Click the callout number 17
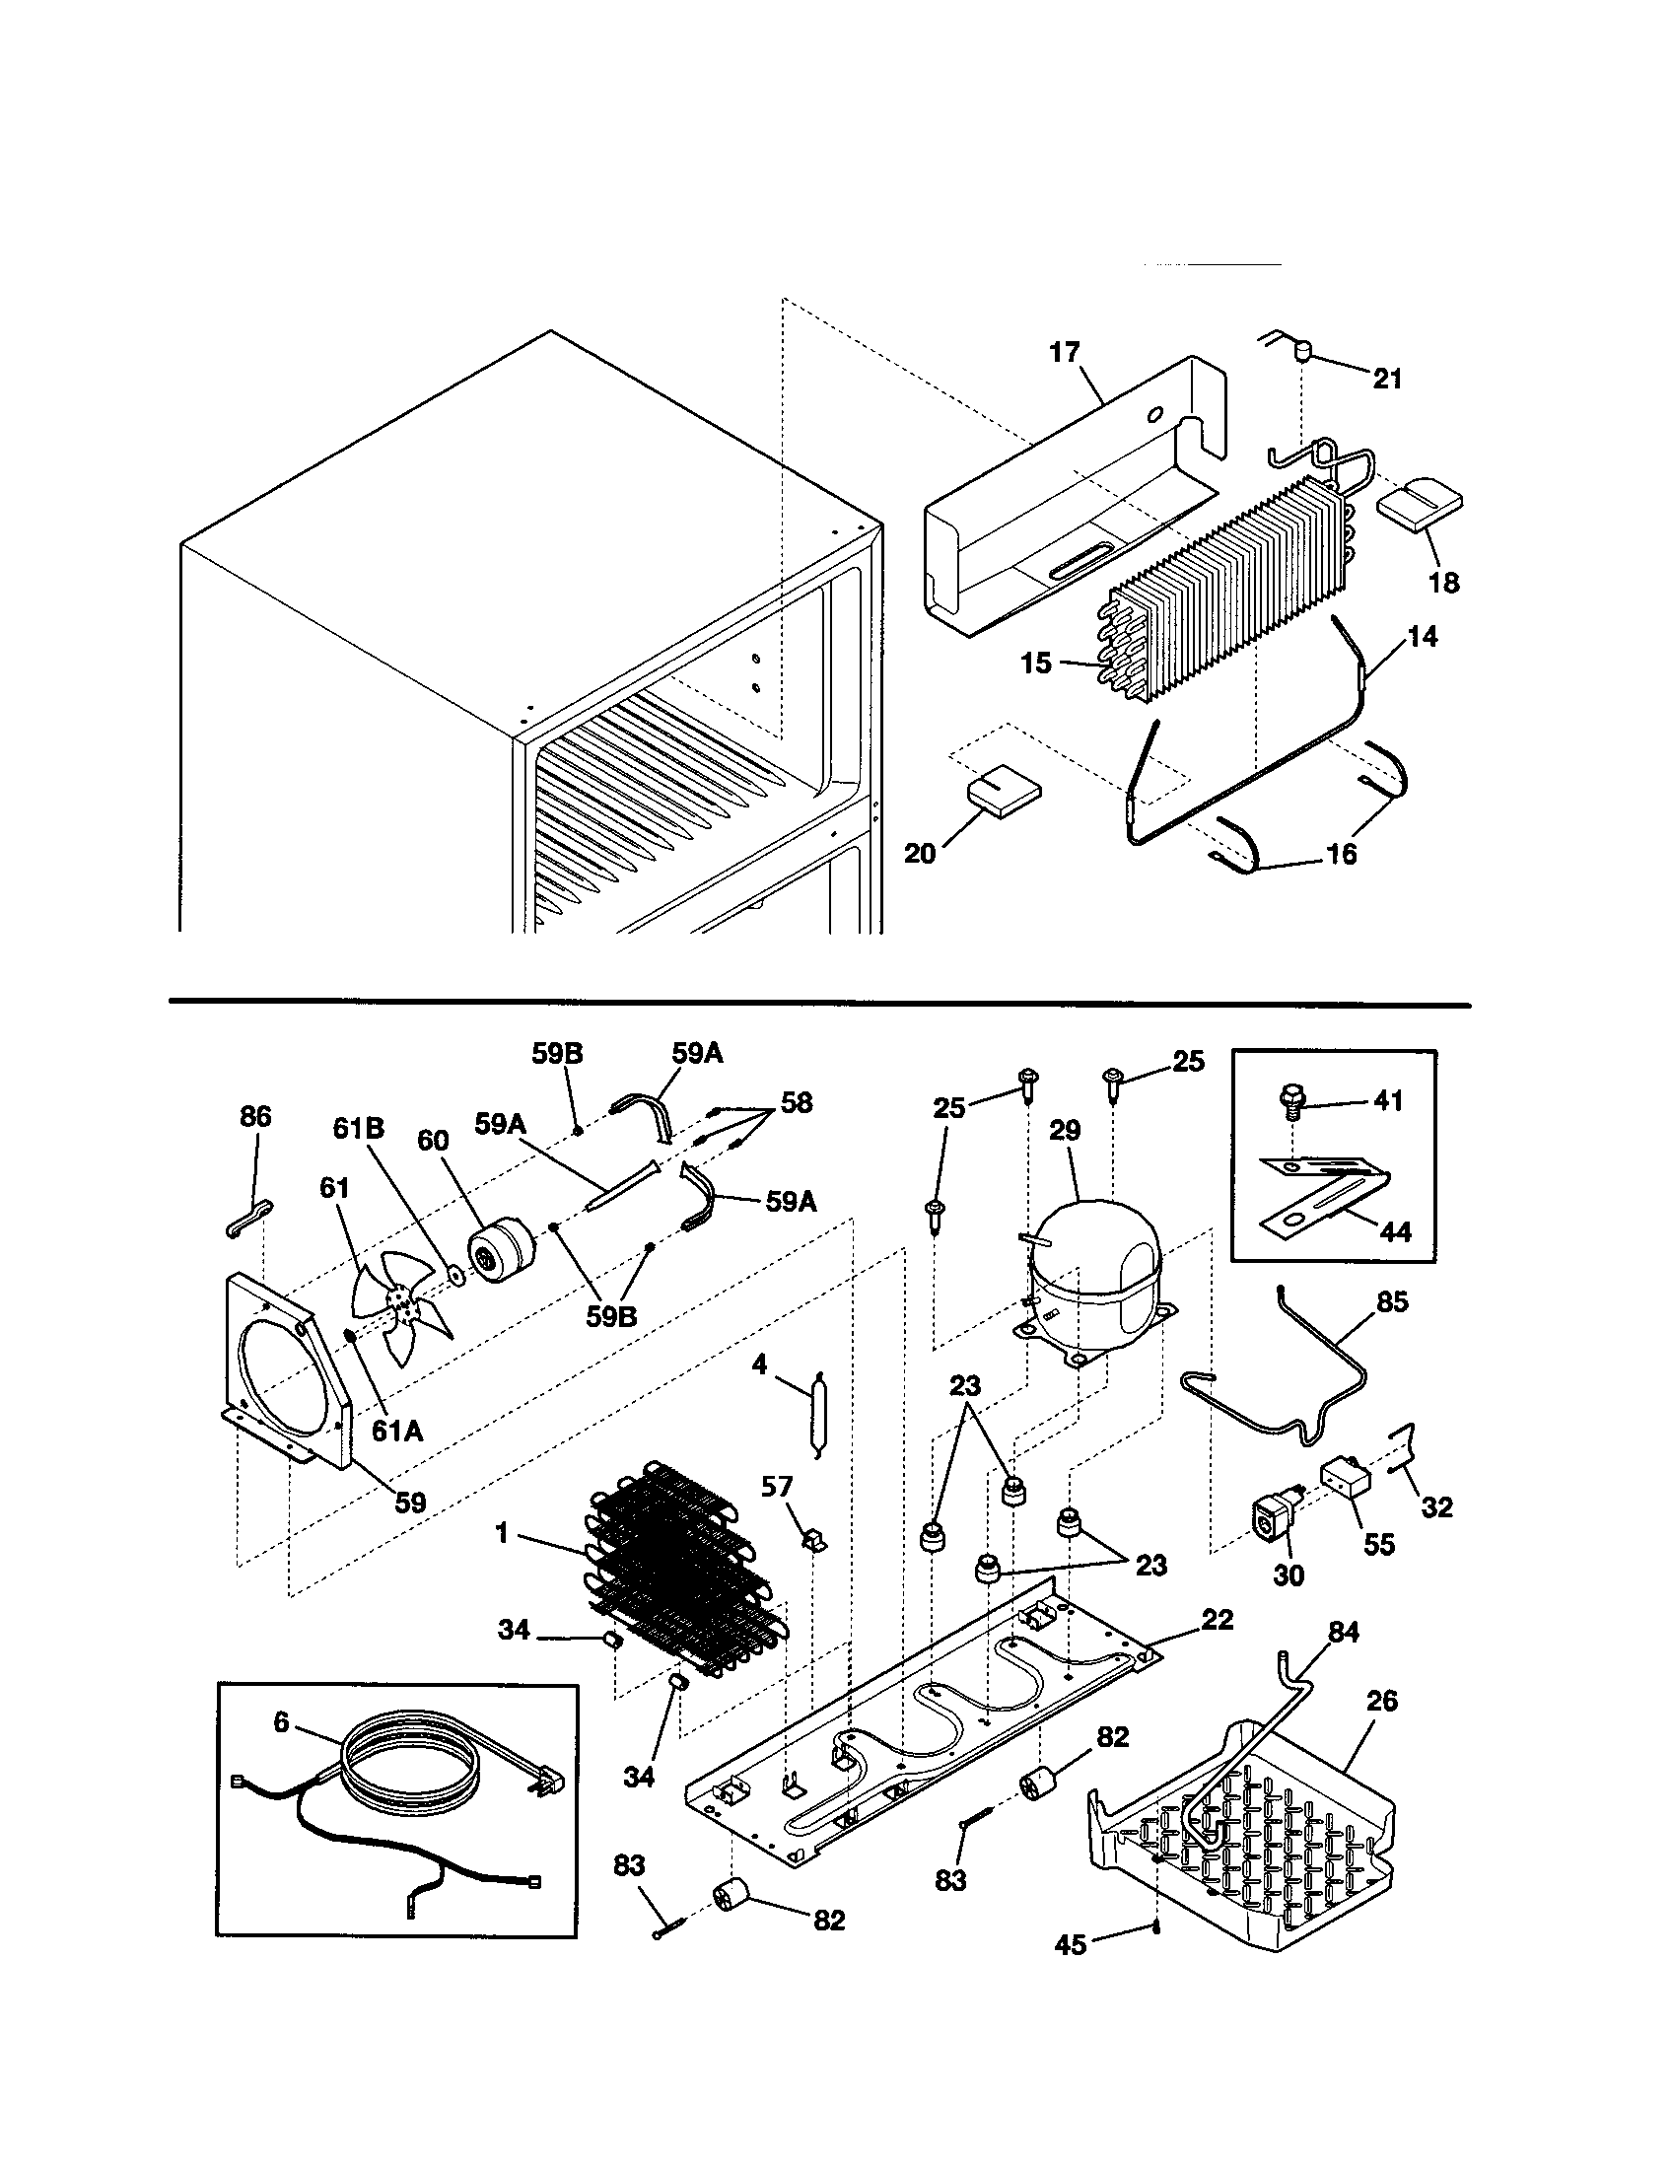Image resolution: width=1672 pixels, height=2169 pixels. pyautogui.click(x=1064, y=353)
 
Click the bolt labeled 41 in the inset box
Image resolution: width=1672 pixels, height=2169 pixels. pyautogui.click(x=1289, y=1101)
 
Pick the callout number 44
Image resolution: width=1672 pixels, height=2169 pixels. pyautogui.click(x=1395, y=1231)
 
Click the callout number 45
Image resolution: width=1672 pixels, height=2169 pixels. pyautogui.click(x=1072, y=1943)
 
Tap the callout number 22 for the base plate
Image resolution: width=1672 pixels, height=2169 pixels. pyautogui.click(x=1218, y=1619)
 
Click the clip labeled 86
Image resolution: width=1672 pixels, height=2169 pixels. pyautogui.click(x=247, y=1218)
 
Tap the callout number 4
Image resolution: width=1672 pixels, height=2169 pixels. pyautogui.click(x=759, y=1364)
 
